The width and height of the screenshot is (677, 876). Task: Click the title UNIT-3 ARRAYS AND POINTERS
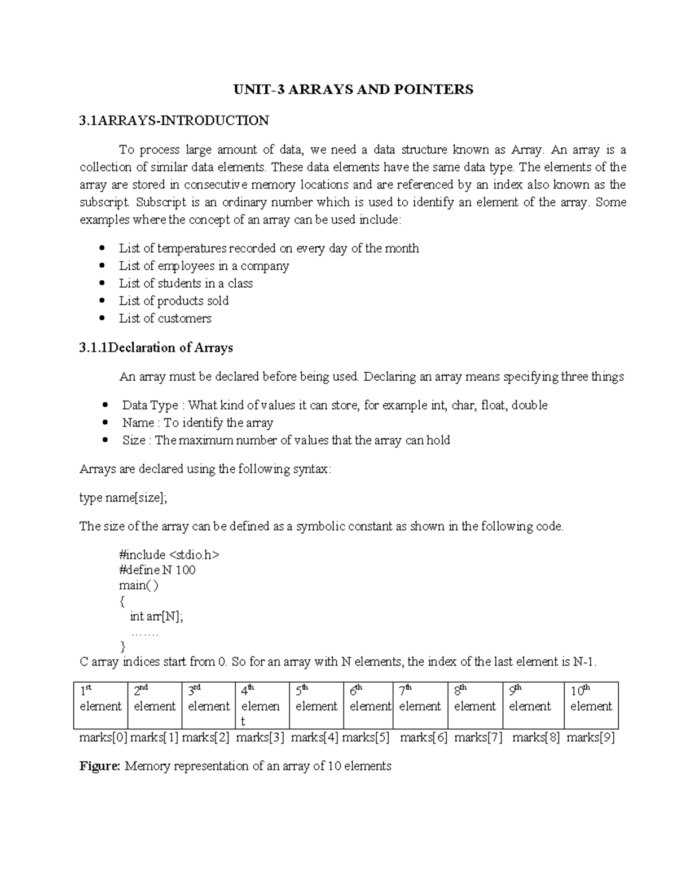[x=354, y=89]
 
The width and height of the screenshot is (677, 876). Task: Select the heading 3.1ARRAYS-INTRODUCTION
[x=174, y=120]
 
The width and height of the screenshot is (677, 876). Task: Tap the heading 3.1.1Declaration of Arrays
[x=156, y=347]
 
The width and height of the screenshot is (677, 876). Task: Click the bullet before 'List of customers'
[x=102, y=318]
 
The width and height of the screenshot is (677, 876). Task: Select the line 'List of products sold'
[x=174, y=301]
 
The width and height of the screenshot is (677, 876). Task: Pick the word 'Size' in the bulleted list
[x=134, y=440]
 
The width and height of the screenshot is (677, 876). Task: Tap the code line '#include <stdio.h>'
[x=169, y=554]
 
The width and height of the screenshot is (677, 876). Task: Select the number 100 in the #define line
[x=186, y=570]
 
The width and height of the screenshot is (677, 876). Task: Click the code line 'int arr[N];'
[x=156, y=616]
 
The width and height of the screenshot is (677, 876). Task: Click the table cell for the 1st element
[x=100, y=705]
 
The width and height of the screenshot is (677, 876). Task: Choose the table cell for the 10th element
[x=591, y=705]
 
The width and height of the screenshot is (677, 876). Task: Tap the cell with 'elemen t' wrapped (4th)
[x=261, y=705]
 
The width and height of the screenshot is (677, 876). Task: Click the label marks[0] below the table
[x=103, y=737]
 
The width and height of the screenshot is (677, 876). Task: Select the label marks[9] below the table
[x=591, y=737]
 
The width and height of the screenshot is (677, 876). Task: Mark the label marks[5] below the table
[x=366, y=737]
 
